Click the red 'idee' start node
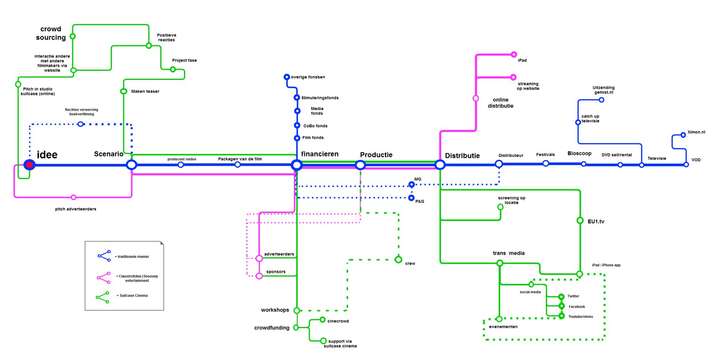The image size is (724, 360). pos(29,165)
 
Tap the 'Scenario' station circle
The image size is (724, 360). pos(131,165)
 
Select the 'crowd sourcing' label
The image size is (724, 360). pos(51,33)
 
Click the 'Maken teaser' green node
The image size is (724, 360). pos(123,91)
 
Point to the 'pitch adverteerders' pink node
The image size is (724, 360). pos(74,197)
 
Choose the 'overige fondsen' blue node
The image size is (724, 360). pos(287,77)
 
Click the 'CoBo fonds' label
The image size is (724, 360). pos(315,126)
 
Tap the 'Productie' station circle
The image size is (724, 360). pos(360,165)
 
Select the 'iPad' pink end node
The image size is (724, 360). pos(514,55)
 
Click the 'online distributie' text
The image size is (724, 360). pos(500,103)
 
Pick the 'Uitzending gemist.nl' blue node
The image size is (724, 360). pos(601,100)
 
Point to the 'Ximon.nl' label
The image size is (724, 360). pos(696,132)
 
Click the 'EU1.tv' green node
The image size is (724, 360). pos(580,221)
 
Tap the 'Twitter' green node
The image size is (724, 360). pos(561,297)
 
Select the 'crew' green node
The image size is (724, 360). pos(398,260)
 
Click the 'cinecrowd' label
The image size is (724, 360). pos(338,321)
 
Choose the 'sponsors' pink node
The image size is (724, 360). pos(259,276)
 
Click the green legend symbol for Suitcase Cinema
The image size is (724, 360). pos(103,297)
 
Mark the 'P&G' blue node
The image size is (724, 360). pos(411,198)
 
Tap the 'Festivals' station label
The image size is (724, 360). pos(545,155)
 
